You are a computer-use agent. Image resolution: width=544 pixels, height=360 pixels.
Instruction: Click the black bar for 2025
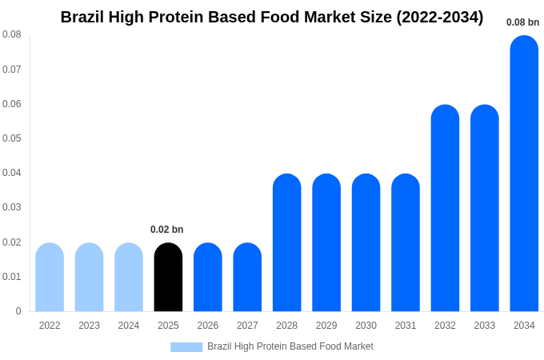(168, 278)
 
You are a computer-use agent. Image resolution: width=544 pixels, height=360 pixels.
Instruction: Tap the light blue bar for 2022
(50, 278)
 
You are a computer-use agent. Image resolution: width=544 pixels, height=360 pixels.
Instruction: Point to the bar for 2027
(247, 278)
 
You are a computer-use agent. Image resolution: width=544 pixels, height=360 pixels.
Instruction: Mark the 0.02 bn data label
(166, 230)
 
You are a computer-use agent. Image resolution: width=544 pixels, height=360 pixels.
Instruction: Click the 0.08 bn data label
(522, 22)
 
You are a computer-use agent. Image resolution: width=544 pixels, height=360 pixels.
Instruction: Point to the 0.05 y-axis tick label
(12, 138)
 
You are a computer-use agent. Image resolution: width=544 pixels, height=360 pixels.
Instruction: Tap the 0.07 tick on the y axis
(12, 70)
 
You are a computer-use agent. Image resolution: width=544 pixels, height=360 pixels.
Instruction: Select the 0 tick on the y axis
(18, 311)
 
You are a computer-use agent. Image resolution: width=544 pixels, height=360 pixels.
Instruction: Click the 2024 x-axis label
(129, 326)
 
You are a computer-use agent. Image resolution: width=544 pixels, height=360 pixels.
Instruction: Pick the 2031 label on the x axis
(406, 326)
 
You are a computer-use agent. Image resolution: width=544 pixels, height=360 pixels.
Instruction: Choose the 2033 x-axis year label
(484, 326)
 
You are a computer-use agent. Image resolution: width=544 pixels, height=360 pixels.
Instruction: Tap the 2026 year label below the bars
(208, 326)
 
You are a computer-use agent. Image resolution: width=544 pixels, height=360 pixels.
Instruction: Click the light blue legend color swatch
(186, 346)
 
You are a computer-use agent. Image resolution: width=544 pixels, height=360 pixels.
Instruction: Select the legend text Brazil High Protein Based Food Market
(290, 346)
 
